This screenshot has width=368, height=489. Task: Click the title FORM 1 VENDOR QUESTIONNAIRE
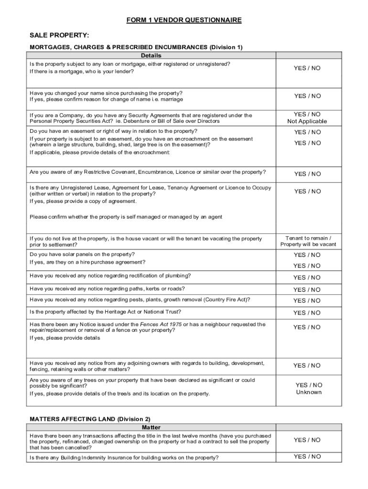tap(184, 20)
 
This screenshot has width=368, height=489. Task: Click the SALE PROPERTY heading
tap(60, 35)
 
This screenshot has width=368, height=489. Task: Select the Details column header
tap(151, 55)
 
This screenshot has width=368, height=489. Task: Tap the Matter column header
tap(151, 427)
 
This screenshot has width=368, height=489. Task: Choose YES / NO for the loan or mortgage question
tap(307, 68)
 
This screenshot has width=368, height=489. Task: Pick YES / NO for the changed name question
tap(307, 96)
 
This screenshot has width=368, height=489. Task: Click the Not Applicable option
tap(307, 121)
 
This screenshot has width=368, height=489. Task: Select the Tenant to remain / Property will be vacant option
tap(308, 241)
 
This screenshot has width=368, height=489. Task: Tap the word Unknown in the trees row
tap(309, 393)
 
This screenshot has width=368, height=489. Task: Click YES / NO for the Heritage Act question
tap(307, 313)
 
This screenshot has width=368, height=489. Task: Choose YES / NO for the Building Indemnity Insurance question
tap(307, 457)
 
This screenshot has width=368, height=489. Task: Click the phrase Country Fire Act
tap(226, 300)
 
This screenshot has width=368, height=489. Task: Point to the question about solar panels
tap(82, 254)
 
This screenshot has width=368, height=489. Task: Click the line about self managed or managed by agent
tap(126, 217)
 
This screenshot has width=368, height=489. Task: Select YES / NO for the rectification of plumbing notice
tap(307, 277)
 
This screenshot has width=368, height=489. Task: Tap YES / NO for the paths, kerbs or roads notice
tap(307, 289)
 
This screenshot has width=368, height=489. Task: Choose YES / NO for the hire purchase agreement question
tap(307, 266)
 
